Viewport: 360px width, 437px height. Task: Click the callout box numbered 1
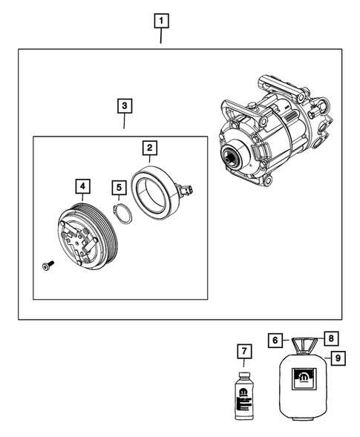161,21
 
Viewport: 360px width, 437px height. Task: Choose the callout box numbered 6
275,340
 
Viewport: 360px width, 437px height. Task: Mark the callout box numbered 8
332,338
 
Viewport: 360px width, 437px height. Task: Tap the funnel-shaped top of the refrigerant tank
303,346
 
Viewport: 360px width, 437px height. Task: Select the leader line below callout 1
161,37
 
